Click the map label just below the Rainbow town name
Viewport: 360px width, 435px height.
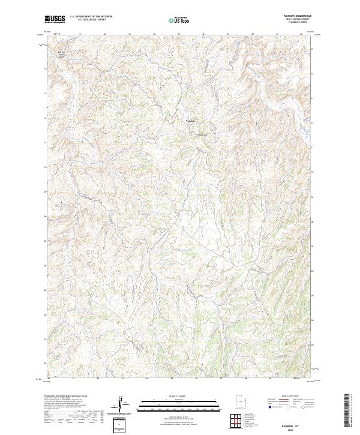(x=202, y=134)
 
